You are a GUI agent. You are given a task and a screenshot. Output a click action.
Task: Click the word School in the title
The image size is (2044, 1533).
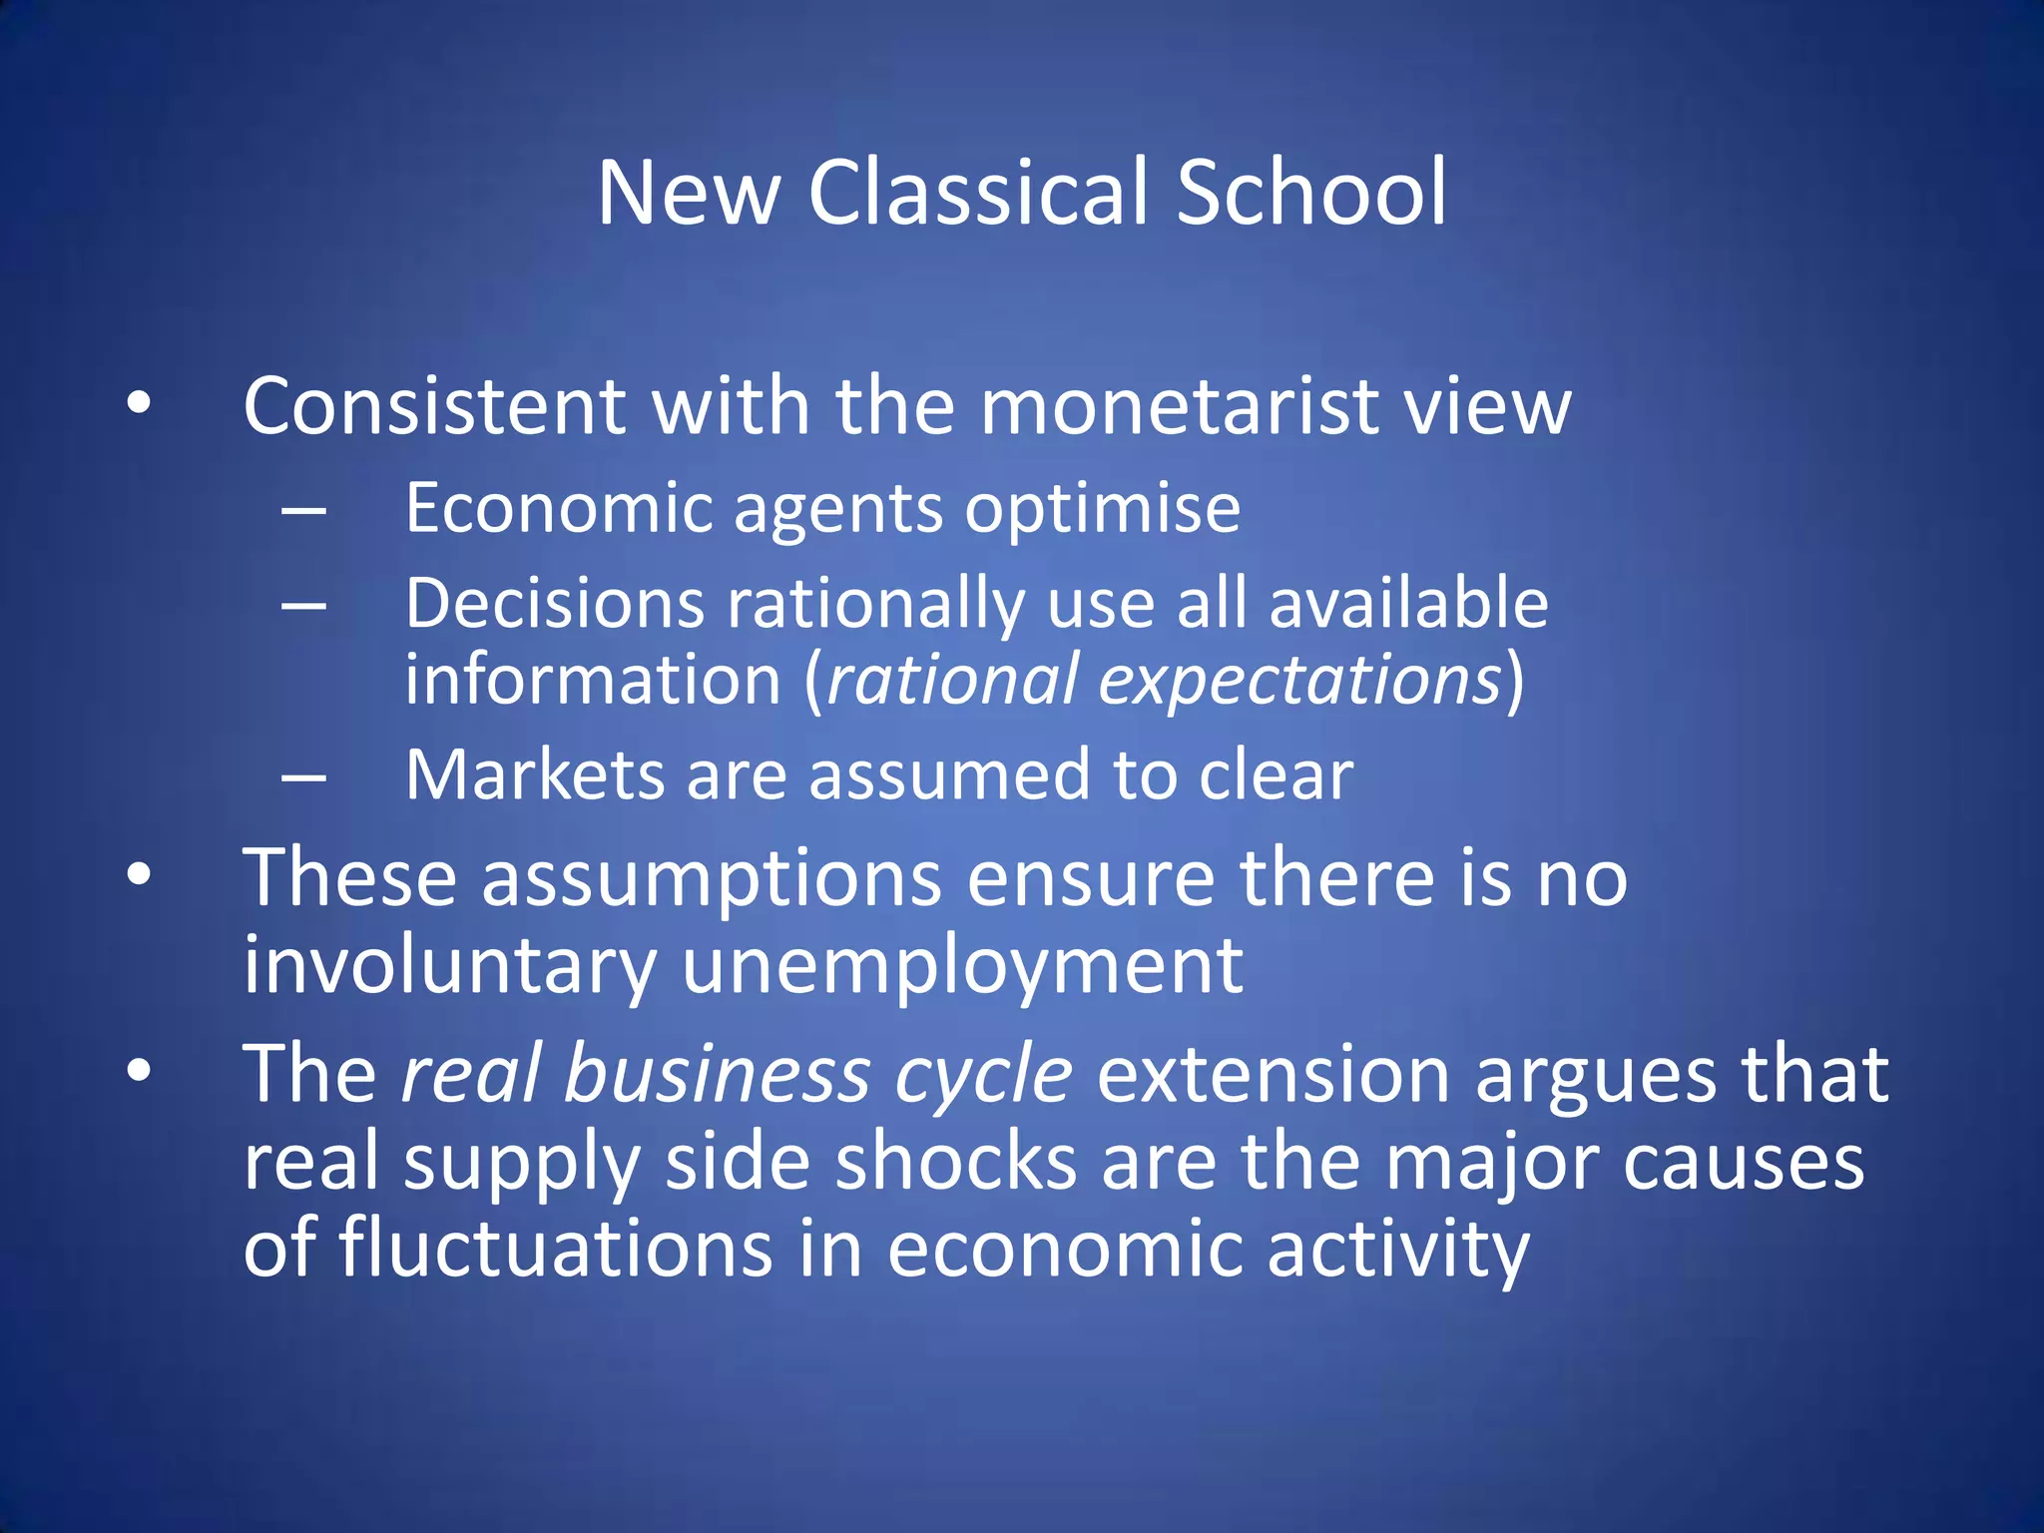1310,192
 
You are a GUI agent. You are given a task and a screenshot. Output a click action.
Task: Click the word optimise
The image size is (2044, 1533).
1102,509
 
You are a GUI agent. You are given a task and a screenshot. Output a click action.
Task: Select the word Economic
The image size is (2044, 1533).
559,509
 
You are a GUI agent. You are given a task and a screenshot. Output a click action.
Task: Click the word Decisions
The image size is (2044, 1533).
555,605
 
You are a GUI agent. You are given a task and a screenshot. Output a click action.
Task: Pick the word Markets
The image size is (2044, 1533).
534,775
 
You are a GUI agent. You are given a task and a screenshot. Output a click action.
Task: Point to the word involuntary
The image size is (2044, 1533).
449,966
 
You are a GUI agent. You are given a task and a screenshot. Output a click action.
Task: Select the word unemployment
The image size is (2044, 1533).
962,966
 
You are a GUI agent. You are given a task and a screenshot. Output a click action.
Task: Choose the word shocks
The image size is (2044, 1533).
955,1163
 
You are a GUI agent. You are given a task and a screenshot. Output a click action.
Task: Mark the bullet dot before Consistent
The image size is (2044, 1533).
139,404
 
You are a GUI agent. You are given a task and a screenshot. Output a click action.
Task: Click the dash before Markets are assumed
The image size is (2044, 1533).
304,775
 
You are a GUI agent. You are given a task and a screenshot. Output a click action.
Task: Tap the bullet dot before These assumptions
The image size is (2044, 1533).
139,875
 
